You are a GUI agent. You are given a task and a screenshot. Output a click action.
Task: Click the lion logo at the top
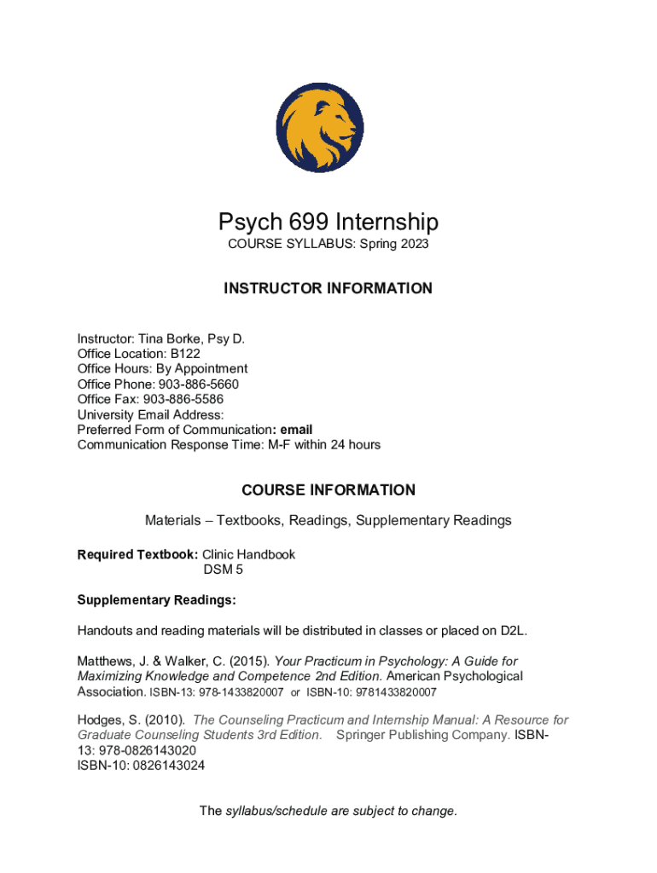(328, 128)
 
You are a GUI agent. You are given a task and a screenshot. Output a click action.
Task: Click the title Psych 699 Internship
(328, 223)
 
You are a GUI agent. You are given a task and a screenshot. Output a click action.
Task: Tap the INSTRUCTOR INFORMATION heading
(328, 288)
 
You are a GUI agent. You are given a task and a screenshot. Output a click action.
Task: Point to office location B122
(185, 353)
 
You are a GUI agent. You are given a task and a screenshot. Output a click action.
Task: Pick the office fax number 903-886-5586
(183, 399)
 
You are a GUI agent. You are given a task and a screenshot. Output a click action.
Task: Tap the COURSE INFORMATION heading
(328, 490)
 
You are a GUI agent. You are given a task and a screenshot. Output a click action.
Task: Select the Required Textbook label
(137, 554)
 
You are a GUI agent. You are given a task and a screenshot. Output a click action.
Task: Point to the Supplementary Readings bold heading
(156, 600)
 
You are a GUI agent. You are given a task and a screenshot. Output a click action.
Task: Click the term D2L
(513, 631)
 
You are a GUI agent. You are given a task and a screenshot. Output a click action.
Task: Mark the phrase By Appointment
(209, 368)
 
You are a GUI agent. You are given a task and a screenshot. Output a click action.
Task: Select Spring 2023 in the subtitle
(395, 244)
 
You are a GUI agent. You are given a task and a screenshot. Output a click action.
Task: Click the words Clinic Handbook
(248, 554)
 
